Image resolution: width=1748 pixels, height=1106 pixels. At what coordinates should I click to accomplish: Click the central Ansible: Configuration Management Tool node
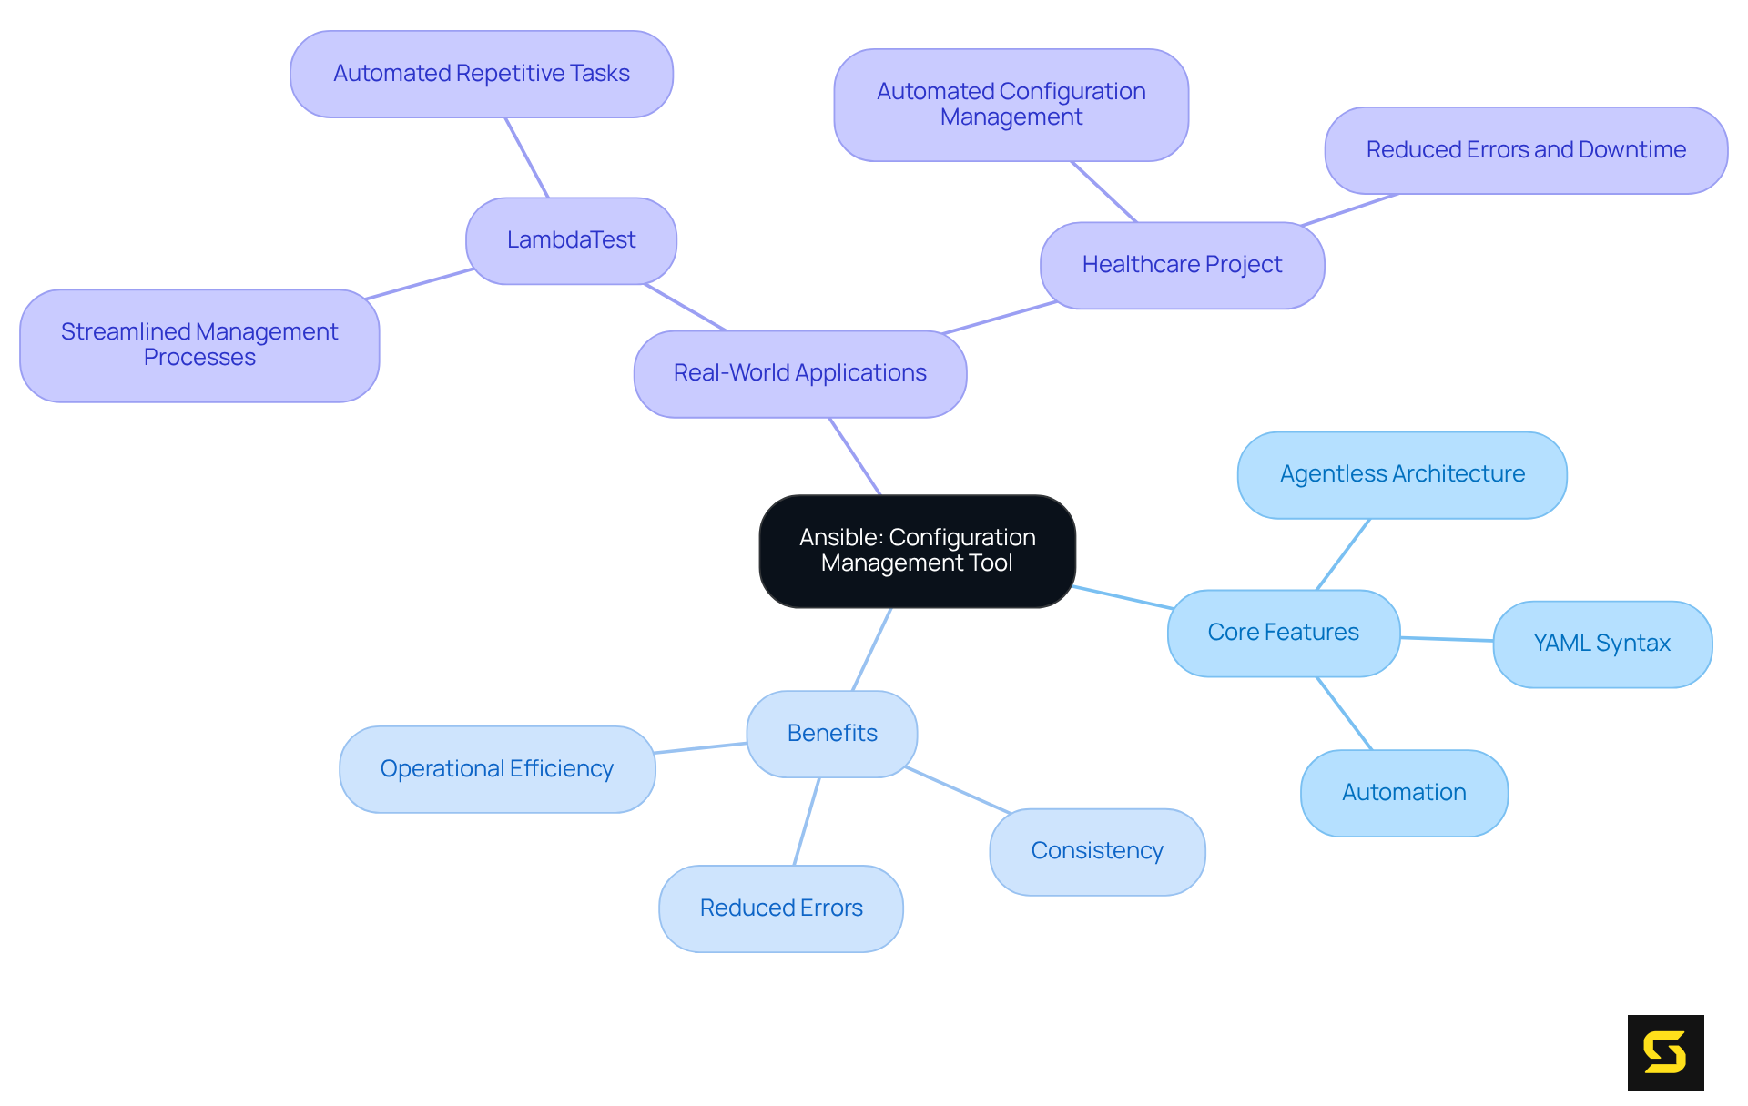coord(917,551)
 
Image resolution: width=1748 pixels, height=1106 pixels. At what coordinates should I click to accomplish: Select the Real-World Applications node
coord(799,373)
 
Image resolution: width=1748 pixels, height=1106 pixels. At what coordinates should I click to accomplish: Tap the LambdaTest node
coord(571,240)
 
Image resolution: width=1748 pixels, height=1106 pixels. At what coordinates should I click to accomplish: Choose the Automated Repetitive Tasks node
coord(481,74)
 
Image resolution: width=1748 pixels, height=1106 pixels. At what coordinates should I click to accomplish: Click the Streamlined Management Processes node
coord(199,345)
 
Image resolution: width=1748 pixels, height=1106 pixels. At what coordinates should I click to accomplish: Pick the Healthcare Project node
coord(1182,265)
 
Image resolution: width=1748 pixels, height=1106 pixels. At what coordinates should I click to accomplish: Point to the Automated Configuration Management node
coord(1011,105)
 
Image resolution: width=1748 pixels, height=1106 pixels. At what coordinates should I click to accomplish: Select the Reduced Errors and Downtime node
coord(1526,150)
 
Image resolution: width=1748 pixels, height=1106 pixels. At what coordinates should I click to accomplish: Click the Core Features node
coord(1283,633)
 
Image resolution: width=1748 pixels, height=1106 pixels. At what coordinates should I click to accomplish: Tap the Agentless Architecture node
coord(1402,474)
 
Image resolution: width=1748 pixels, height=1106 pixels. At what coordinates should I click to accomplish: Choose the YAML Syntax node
coord(1601,644)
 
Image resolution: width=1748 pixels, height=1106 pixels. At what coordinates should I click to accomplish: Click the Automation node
coord(1404,793)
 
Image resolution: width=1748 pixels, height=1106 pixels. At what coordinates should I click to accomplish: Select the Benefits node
coord(832,734)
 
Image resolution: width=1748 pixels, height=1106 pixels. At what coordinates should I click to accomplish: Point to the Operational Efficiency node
coord(497,769)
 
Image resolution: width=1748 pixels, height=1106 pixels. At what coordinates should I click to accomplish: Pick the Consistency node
coord(1097,851)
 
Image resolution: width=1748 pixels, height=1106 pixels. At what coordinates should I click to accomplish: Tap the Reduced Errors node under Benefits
coord(781,908)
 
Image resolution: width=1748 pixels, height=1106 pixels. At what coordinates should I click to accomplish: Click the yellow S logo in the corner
coord(1665,1052)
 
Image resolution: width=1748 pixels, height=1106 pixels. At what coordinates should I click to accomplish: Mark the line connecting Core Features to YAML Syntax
coord(1447,639)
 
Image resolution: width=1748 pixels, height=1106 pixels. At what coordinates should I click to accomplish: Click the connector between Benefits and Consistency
coord(958,789)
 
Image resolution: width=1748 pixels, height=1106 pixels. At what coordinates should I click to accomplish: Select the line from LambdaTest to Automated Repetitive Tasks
coord(527,157)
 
